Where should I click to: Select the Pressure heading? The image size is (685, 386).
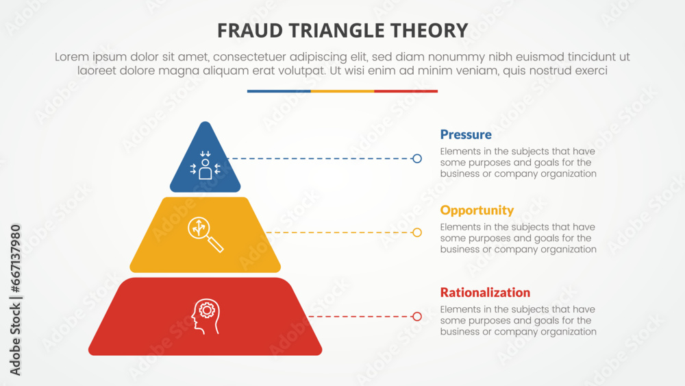466,134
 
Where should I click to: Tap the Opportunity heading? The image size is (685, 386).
477,210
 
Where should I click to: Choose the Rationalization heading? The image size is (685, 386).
485,292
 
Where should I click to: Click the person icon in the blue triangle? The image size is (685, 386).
206,165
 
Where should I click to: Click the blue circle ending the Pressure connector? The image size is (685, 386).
417,158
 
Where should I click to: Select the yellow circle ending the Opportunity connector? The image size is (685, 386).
417,232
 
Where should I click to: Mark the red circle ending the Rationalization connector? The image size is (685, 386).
417,316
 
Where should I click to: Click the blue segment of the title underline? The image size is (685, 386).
279,91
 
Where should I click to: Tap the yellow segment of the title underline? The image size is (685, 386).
342,91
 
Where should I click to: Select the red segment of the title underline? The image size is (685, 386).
406,91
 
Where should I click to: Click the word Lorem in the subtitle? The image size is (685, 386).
71,58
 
